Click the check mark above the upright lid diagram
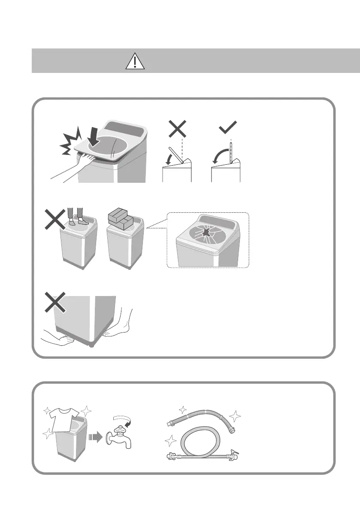tap(228, 126)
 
